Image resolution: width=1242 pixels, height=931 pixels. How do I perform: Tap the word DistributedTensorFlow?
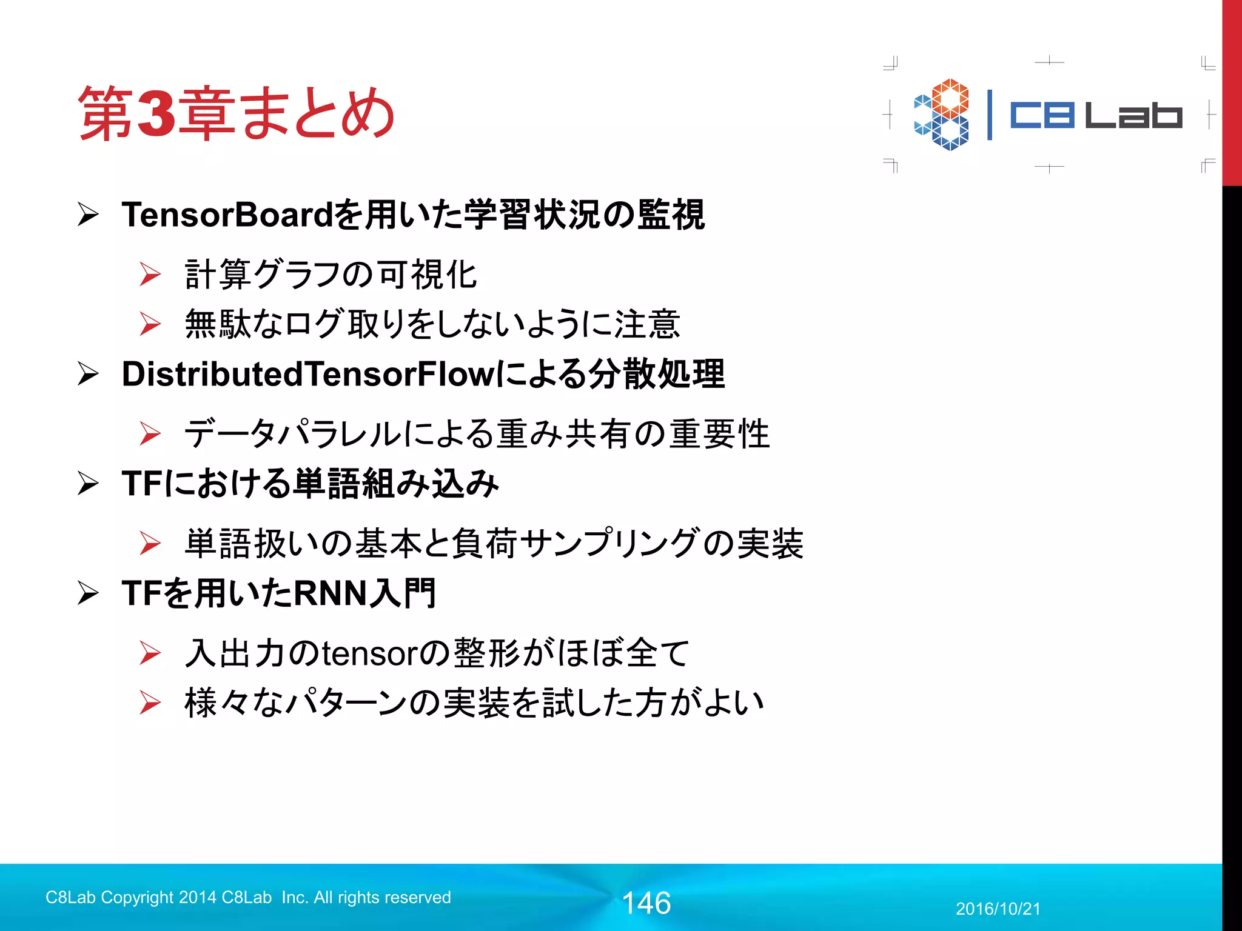click(x=308, y=374)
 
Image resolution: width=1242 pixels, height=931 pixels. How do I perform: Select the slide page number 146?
click(x=646, y=903)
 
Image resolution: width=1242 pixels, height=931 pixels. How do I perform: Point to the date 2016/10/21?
click(x=998, y=909)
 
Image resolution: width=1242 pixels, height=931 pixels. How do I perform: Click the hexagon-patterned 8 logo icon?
click(x=941, y=115)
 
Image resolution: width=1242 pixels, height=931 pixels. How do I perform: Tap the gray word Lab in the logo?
click(x=1133, y=115)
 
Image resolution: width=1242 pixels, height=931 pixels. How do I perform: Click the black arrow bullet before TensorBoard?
click(x=88, y=215)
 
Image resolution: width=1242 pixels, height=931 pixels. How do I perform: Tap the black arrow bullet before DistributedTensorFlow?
click(x=88, y=374)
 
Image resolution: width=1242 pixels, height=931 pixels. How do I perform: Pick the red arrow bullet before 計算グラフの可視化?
click(x=150, y=275)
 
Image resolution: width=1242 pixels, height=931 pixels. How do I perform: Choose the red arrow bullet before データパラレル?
click(x=150, y=434)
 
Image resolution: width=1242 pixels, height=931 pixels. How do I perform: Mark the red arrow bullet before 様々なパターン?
click(x=150, y=703)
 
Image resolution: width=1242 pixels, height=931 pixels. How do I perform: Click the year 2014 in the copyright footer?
click(x=197, y=897)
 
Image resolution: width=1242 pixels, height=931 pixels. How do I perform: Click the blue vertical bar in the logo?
click(x=990, y=115)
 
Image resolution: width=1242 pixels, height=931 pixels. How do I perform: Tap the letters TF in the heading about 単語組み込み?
click(x=142, y=484)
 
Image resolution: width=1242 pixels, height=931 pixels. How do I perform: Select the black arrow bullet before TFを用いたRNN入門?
click(x=88, y=593)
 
